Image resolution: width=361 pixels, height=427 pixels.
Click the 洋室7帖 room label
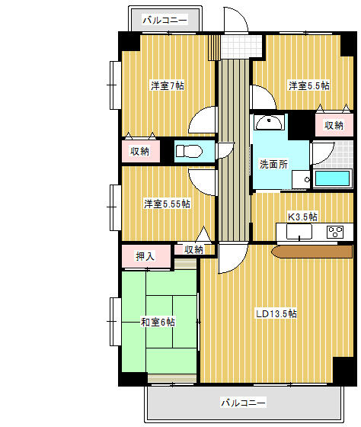coord(167,85)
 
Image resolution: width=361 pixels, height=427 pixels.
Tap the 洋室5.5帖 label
coord(308,85)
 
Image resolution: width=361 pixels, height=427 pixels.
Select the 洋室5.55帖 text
coord(167,204)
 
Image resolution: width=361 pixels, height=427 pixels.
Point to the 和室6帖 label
coord(158,322)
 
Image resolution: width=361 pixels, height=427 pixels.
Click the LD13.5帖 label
coord(276,313)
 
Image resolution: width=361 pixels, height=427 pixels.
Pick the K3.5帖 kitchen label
coord(302,217)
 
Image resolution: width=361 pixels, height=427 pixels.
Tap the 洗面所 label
coord(273,163)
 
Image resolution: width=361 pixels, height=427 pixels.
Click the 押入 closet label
coord(145,256)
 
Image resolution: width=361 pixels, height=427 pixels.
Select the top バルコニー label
coord(165,20)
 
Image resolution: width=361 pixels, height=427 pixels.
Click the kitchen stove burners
coord(335,231)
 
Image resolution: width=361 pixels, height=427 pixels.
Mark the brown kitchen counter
coord(311,251)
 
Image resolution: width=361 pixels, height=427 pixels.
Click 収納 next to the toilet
coord(139,151)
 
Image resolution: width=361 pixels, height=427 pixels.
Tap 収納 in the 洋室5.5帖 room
coord(334,125)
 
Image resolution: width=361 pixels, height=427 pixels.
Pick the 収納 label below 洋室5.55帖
coord(193,249)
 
